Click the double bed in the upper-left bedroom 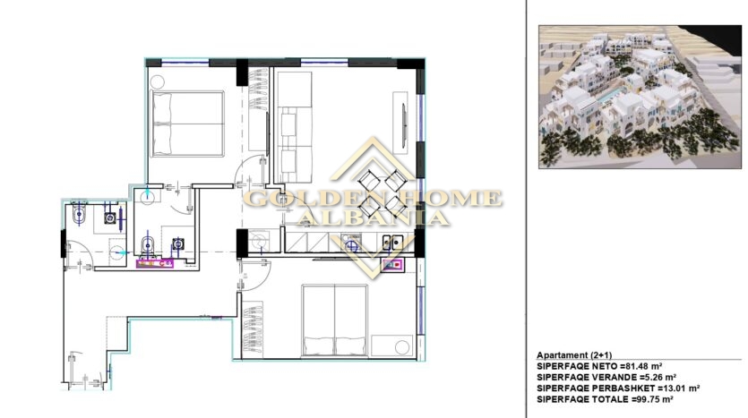point(188,124)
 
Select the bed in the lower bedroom point(335,320)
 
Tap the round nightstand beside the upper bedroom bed point(158,82)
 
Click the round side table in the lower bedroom point(402,346)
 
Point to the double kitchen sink point(392,243)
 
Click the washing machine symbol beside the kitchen point(259,241)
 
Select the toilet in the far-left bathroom point(79,216)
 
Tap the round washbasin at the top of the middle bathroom point(147,196)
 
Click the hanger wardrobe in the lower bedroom point(253,328)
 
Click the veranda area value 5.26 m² point(657,378)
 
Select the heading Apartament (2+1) point(574,355)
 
